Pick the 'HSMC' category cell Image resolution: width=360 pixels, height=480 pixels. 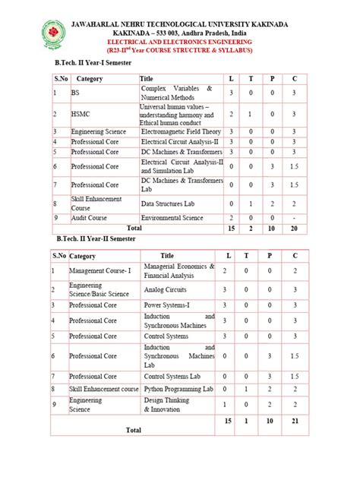[x=80, y=115]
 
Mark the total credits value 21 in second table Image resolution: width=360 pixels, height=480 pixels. [x=295, y=420]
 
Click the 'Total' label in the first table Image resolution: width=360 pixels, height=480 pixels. [x=134, y=227]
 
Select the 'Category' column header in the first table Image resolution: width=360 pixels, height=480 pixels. [x=90, y=78]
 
